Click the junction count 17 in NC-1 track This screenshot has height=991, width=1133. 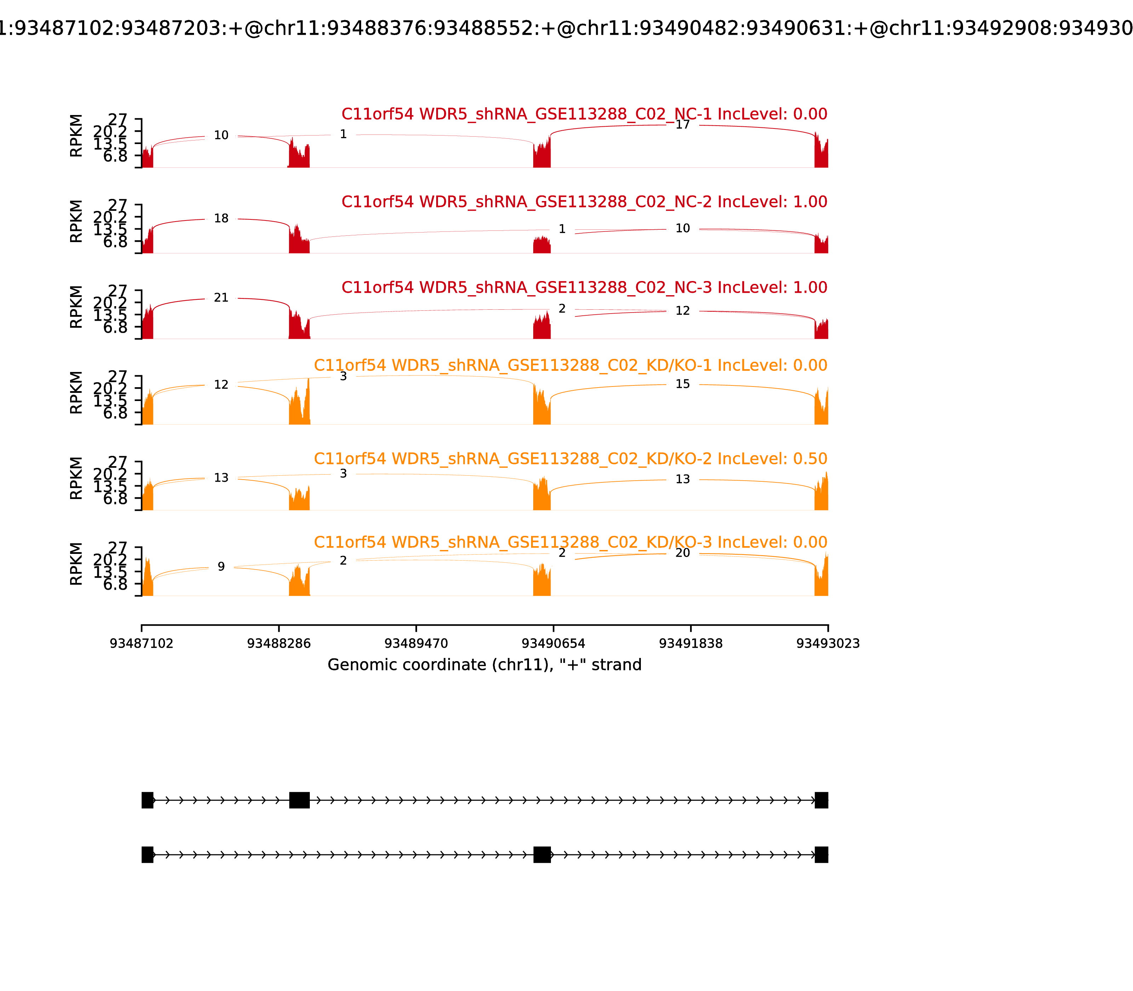pos(683,125)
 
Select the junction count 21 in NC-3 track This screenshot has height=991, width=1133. pos(221,298)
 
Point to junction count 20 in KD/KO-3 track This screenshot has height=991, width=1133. pos(683,553)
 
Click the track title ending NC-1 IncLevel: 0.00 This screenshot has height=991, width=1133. pos(584,114)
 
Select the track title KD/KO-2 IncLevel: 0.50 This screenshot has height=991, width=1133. pos(570,459)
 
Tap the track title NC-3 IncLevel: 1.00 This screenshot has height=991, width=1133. pos(584,287)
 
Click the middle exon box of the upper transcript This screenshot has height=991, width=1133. pos(299,800)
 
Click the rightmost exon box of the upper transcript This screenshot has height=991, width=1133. pos(821,800)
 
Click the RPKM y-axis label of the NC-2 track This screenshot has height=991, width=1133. pos(76,221)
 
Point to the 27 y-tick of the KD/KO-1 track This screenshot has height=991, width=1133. pos(117,377)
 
